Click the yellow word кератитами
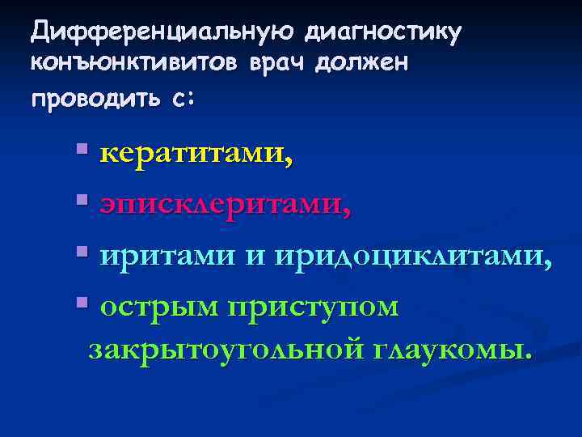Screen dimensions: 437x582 point(196,154)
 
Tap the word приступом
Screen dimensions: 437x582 point(314,308)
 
